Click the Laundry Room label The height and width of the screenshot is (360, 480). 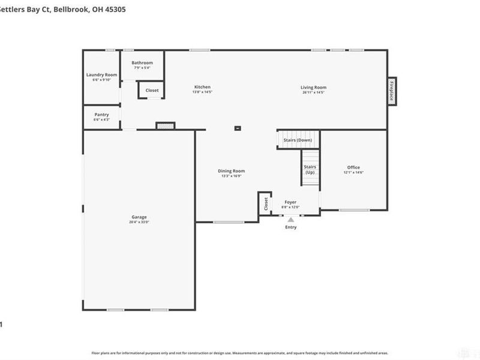101,74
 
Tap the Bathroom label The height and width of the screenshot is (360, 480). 142,62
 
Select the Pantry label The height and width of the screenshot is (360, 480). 101,115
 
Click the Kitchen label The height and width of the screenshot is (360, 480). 202,87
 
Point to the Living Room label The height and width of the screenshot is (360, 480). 313,87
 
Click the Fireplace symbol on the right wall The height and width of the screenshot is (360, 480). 392,91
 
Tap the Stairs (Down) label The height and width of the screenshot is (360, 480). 298,140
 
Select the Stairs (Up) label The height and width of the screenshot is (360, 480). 310,169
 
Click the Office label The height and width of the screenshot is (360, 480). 353,167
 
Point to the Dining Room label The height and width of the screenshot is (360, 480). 231,171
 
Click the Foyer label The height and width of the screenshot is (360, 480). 290,202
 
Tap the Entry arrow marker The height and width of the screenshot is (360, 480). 290,220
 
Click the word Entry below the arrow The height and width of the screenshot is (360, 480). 290,227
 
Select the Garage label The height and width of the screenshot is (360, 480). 139,217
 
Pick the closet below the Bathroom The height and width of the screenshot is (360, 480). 152,91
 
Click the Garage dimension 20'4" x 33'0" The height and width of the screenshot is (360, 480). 139,222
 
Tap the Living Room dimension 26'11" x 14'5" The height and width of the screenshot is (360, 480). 313,92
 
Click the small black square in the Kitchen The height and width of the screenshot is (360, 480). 238,128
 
